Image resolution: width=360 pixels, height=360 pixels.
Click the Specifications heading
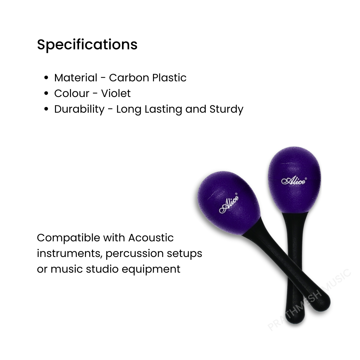pyautogui.click(x=87, y=45)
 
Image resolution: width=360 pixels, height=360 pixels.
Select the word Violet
pyautogui.click(x=116, y=93)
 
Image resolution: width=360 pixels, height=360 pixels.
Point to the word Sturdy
pyautogui.click(x=226, y=109)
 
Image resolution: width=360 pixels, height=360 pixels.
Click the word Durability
pyautogui.click(x=79, y=109)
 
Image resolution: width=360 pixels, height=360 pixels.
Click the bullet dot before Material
pyautogui.click(x=46, y=78)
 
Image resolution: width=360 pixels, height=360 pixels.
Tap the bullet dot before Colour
pyautogui.click(x=46, y=94)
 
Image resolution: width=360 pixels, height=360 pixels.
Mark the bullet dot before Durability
pyautogui.click(x=46, y=109)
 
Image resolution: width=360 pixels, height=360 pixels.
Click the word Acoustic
pyautogui.click(x=151, y=238)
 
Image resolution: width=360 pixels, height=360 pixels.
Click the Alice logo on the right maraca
pyautogui.click(x=293, y=181)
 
